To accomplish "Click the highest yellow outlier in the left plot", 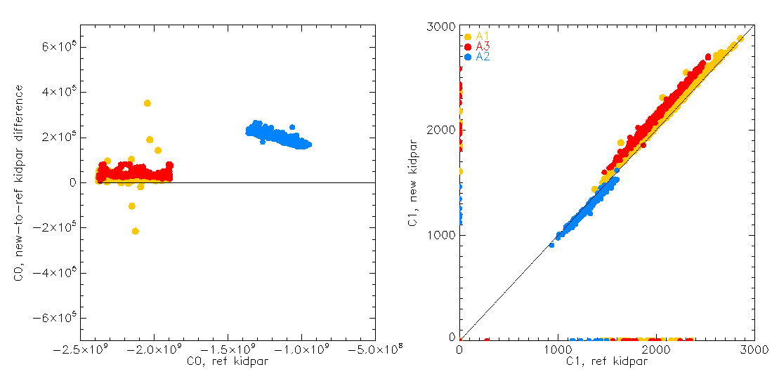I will tap(148, 103).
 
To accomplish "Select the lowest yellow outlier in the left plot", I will tap(135, 231).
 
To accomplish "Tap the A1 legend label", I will tap(483, 36).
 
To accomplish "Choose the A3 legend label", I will tap(483, 46).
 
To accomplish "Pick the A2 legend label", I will tap(483, 56).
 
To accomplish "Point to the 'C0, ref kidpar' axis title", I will tap(228, 361).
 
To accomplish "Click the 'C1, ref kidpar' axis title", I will tap(607, 361).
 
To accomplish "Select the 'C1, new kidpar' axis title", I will tap(414, 182).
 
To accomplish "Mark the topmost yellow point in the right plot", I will tap(740, 39).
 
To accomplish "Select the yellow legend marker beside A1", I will tap(468, 36).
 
